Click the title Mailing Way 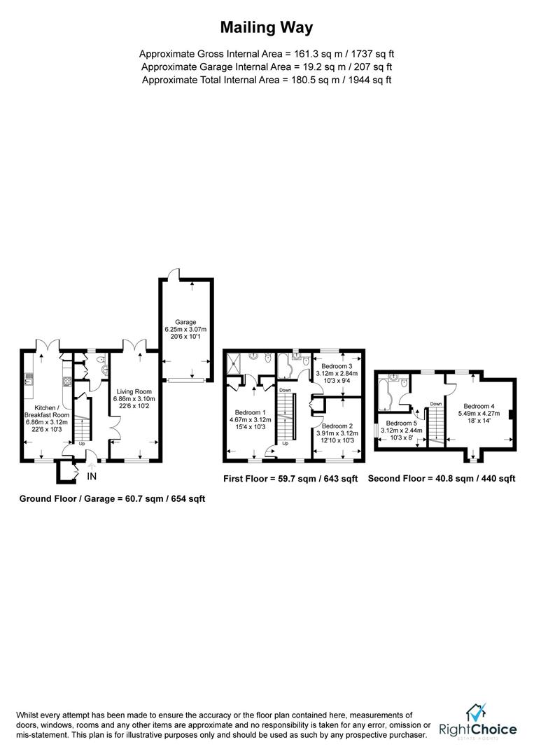click(x=267, y=28)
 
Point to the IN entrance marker click(x=92, y=477)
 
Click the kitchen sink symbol click(x=29, y=380)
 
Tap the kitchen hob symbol click(x=67, y=381)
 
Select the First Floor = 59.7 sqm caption click(x=290, y=479)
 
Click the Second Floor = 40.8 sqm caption click(x=442, y=479)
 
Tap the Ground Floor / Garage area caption click(x=112, y=499)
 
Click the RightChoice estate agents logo click(x=477, y=722)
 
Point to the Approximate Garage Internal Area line click(x=267, y=66)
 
